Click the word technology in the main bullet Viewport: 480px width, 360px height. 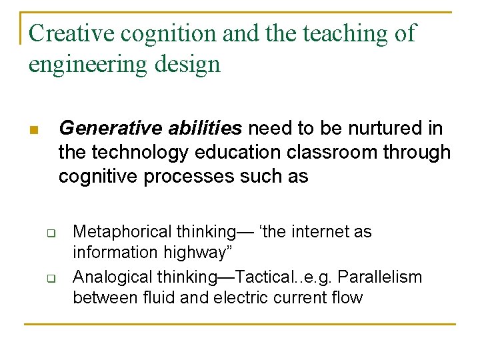tap(139, 153)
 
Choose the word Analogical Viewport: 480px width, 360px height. tap(111, 276)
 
